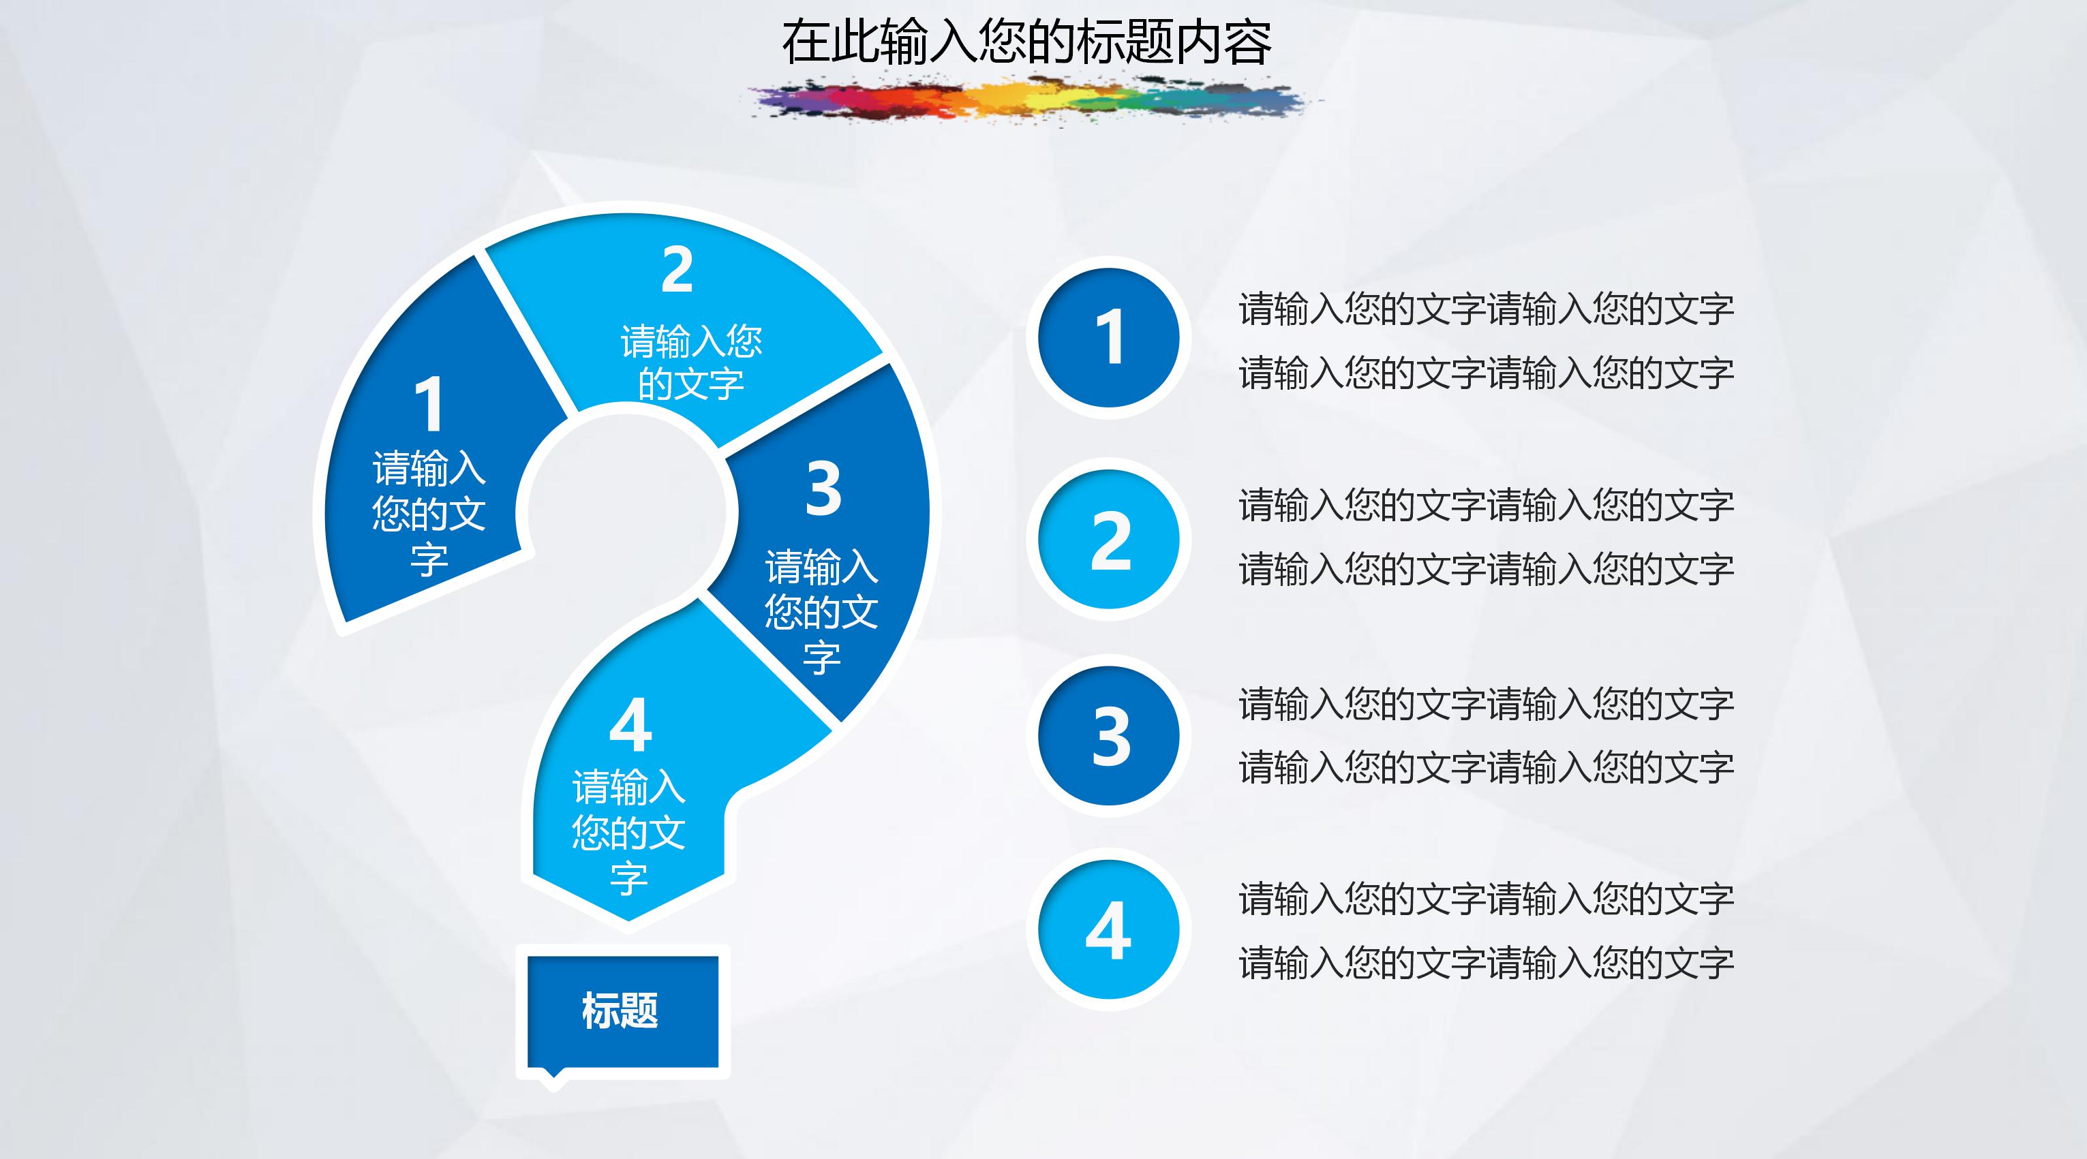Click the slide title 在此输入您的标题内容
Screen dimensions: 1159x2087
1026,42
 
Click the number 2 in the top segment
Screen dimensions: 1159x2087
677,270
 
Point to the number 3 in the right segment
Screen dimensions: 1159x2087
823,489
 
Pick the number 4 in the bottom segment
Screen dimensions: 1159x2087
630,725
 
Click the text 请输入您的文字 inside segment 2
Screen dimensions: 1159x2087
691,362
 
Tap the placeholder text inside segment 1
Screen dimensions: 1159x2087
429,514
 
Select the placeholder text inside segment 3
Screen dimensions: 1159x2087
821,611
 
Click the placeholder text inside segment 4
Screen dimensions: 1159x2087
628,832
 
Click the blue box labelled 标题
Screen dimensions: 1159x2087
622,1010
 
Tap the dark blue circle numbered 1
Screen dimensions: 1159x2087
1108,337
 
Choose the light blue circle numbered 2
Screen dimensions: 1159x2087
1108,540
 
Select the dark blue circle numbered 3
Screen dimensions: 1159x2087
1108,735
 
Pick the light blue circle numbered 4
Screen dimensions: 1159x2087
1108,930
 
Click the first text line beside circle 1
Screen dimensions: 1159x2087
1486,309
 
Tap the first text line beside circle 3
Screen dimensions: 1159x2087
1486,703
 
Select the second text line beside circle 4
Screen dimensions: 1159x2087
1486,962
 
